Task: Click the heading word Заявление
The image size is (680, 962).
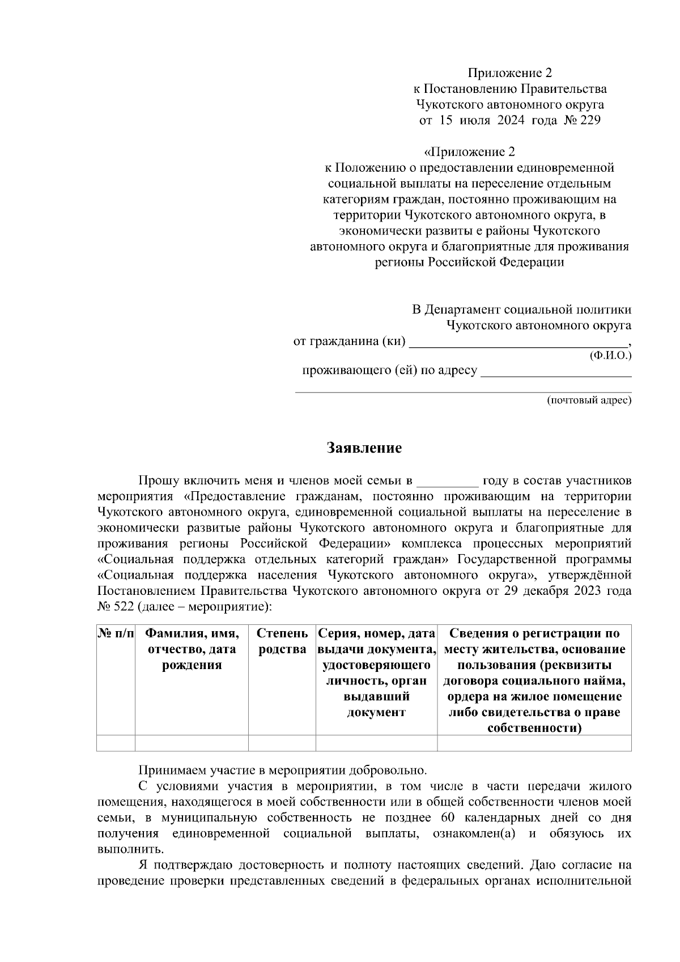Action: [364, 448]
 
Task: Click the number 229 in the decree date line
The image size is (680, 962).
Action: [589, 120]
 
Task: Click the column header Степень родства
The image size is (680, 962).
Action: [282, 641]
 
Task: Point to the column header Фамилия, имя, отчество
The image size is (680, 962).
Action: [192, 649]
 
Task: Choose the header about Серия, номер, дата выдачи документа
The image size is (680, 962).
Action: [377, 672]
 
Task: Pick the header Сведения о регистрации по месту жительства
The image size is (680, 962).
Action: [534, 680]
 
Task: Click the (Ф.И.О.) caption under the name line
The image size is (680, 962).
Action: [610, 355]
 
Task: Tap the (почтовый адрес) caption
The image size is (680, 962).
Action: [589, 401]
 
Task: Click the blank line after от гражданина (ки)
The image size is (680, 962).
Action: [518, 343]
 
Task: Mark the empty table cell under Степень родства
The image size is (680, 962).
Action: [282, 743]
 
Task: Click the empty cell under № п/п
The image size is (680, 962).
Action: [116, 743]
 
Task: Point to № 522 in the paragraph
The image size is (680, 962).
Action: [116, 607]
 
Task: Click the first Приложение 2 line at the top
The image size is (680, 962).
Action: [509, 73]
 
